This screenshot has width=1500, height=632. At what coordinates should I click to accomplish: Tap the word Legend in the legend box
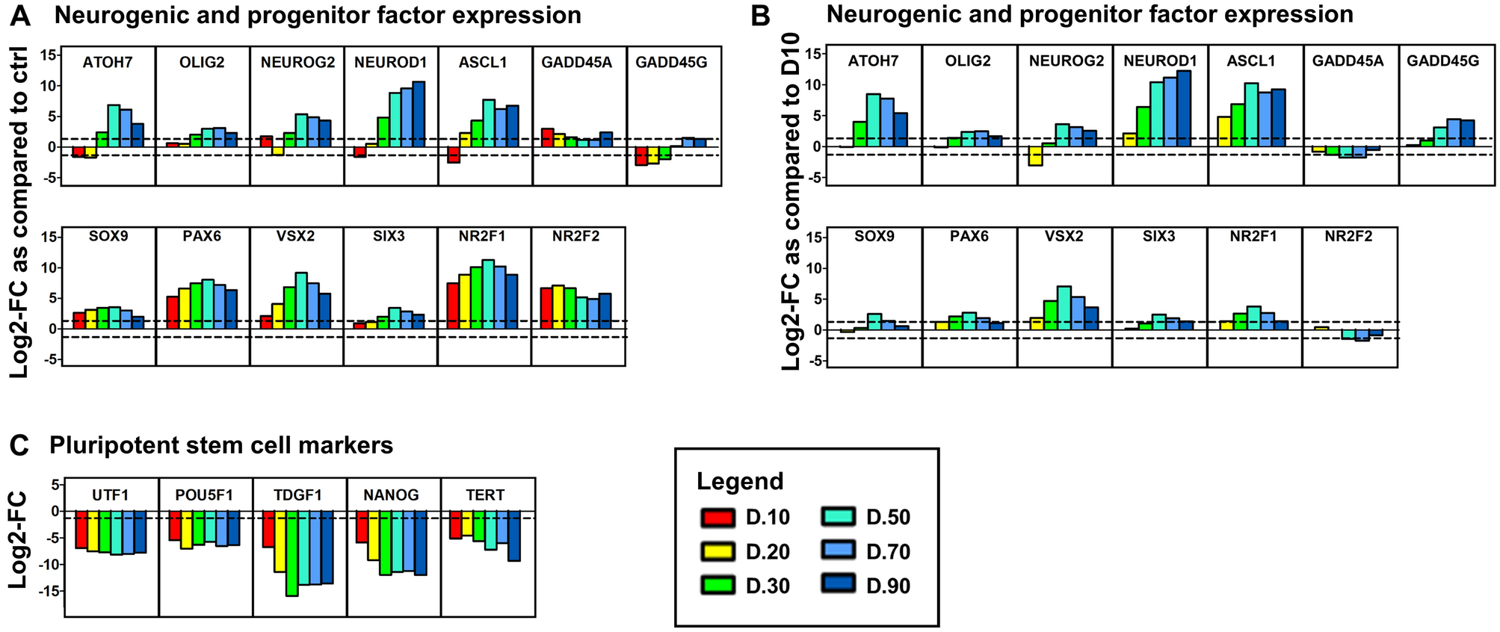tap(740, 482)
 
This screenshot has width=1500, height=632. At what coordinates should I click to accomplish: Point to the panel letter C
tap(19, 445)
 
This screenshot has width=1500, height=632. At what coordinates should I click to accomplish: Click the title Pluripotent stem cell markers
tap(221, 446)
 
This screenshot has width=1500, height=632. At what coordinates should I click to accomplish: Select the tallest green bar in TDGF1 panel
tap(291, 553)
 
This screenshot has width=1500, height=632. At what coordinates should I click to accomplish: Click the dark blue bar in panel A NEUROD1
tap(419, 114)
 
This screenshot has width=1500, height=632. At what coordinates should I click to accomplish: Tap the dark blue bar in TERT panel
tap(514, 536)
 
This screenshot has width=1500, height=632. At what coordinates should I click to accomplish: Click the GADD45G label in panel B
tap(1442, 61)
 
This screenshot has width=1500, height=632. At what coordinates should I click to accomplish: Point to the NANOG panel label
tap(391, 495)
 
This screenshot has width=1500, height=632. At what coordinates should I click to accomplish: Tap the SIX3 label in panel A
tap(389, 237)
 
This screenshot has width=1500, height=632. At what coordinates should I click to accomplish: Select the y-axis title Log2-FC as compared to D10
tap(791, 202)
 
